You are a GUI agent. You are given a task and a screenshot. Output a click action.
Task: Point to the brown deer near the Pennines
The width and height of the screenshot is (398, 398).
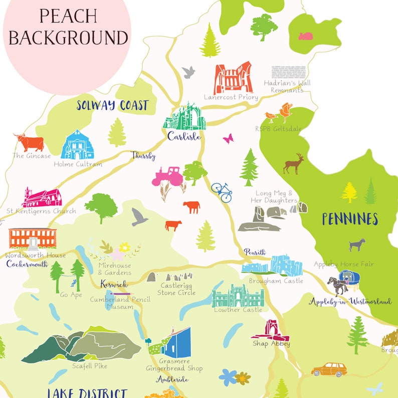tap(293, 164)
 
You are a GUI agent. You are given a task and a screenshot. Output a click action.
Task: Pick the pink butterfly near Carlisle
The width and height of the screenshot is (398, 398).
tap(228, 138)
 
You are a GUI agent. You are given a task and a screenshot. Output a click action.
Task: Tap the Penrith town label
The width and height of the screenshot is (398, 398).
tap(255, 252)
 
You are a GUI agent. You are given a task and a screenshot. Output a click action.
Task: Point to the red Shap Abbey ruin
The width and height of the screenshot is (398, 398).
tap(271, 330)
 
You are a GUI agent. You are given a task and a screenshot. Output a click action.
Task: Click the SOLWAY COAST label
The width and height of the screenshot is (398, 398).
tap(112, 106)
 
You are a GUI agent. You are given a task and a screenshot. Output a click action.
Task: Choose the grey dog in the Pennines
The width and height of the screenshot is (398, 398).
tap(356, 245)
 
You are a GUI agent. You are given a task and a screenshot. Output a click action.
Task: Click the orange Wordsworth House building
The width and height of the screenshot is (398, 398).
tap(33, 238)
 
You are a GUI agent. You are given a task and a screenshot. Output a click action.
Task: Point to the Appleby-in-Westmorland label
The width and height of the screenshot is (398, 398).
tap(350, 302)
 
